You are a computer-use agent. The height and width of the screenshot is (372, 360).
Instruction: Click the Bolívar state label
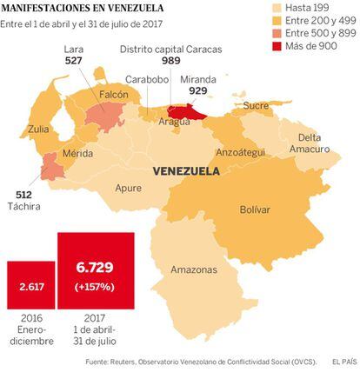(255, 209)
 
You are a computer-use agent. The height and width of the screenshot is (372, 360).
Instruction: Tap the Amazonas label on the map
(194, 269)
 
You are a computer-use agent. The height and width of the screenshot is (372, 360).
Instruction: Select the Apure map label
(129, 188)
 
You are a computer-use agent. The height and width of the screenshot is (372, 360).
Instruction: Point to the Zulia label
(38, 129)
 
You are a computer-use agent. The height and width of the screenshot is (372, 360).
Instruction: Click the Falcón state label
(114, 95)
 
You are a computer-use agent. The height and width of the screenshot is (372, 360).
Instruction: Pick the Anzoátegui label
(241, 152)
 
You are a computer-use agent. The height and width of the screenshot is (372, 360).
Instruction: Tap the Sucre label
(256, 106)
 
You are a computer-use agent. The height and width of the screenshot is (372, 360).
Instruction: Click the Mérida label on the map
(77, 153)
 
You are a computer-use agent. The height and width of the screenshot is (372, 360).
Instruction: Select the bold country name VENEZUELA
(186, 171)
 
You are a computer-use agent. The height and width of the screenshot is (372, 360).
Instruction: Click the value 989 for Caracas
(171, 61)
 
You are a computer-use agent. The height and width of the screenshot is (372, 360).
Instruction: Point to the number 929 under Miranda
(198, 90)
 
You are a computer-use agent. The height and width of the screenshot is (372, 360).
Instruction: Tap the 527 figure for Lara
(74, 61)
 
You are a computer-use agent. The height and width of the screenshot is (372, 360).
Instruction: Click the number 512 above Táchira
(23, 195)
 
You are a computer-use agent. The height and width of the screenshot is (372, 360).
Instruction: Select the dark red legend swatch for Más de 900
(277, 46)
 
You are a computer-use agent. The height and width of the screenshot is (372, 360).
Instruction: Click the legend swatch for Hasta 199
(277, 8)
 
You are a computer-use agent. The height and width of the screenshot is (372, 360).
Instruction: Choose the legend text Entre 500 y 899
(321, 33)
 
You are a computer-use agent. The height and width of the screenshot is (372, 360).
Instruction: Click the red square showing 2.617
(31, 285)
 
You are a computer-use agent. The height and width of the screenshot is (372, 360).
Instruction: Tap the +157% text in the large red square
(95, 287)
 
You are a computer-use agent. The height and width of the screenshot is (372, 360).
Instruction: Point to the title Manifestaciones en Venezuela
(83, 8)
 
